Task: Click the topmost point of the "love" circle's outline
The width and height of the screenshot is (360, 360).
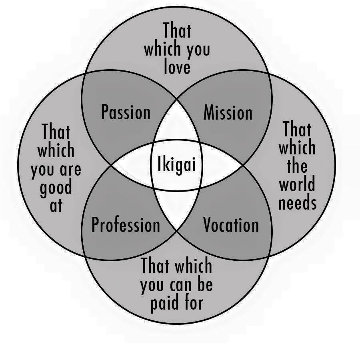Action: point(177,7)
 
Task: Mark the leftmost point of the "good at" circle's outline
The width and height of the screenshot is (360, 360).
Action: point(18,165)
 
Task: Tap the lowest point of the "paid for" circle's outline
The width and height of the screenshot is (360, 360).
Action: point(177,324)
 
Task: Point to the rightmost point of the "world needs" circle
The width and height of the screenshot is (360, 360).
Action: point(336,165)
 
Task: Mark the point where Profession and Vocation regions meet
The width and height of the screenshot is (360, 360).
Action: point(177,230)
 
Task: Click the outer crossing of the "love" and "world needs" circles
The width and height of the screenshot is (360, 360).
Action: point(269,74)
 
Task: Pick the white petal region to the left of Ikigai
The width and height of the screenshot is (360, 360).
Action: point(131,165)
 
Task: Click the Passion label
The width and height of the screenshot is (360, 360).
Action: point(126,112)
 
